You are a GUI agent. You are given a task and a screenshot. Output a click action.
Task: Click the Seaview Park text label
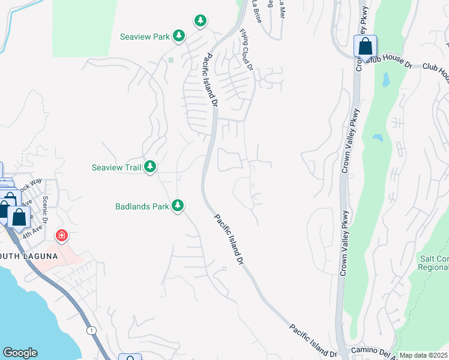point(145,37)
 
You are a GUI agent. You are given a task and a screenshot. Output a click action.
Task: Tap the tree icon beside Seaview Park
point(178,37)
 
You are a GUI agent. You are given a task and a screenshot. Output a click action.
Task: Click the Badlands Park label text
point(142,206)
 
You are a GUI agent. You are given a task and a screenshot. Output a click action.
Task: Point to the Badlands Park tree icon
point(177,206)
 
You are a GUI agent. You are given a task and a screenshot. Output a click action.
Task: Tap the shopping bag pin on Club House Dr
point(364,47)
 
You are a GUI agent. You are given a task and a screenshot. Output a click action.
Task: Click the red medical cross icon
point(61,235)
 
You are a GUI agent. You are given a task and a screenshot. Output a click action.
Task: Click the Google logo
point(20,353)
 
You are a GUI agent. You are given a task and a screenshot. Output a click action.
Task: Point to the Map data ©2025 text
point(423,355)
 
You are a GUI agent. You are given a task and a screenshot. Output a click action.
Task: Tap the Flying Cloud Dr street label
point(247,49)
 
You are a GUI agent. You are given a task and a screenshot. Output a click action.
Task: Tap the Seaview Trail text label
point(116,167)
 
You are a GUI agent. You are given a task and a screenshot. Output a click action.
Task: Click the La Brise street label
point(256,10)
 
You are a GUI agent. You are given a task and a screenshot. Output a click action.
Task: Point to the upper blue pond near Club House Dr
point(385,79)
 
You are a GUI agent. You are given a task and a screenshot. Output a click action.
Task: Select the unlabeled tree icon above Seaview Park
point(200,21)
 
